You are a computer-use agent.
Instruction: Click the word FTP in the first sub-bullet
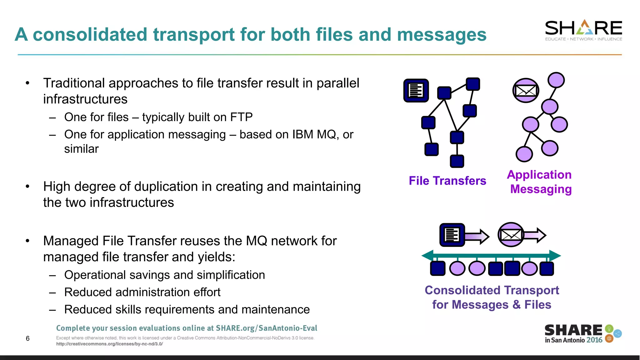pyautogui.click(x=241, y=117)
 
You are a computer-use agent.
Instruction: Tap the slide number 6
pyautogui.click(x=27, y=338)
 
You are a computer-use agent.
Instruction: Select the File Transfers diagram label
pyautogui.click(x=447, y=181)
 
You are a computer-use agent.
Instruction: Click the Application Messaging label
pyautogui.click(x=540, y=182)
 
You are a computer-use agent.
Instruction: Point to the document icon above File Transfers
pyautogui.click(x=416, y=91)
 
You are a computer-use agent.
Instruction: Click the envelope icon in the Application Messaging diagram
pyautogui.click(x=526, y=91)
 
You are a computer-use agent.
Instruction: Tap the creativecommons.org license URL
pyautogui.click(x=109, y=344)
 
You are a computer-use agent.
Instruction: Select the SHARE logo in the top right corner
pyautogui.click(x=583, y=30)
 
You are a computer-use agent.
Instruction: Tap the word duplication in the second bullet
pyautogui.click(x=166, y=187)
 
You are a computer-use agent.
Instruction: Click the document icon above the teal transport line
pyautogui.click(x=452, y=235)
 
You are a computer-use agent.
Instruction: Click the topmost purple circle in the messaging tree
pyautogui.click(x=556, y=80)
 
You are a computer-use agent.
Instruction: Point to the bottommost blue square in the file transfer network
pyautogui.click(x=457, y=161)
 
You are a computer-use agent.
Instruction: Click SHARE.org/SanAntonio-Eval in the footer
pyautogui.click(x=267, y=328)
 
